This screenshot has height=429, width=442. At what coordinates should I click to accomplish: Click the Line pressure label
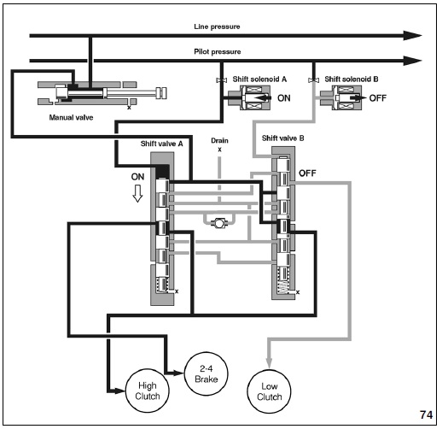pos(217,26)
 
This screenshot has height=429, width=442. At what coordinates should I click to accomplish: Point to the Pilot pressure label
pos(218,52)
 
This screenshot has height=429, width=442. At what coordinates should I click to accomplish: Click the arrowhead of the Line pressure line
pos(413,36)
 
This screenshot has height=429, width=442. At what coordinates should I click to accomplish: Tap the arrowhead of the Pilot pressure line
pos(413,61)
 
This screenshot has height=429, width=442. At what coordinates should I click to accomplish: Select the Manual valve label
pos(71,117)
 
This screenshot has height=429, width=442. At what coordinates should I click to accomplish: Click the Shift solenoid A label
pos(259,79)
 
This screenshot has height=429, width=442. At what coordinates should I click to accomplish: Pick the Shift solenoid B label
pos(352,79)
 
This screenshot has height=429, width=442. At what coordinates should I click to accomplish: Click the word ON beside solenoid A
pos(284,98)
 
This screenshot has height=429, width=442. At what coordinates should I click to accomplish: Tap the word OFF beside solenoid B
pos(378,98)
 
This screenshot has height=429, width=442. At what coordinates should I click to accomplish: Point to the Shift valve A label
pos(161,144)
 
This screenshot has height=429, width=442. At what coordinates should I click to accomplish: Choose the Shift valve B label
pos(283,138)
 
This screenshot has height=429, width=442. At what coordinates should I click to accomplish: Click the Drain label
pos(219,140)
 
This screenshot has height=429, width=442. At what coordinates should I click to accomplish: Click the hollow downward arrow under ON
pos(137,194)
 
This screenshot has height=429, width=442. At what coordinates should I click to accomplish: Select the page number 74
pos(426,414)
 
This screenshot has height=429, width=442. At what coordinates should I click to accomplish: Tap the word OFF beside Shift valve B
pos(307,173)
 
